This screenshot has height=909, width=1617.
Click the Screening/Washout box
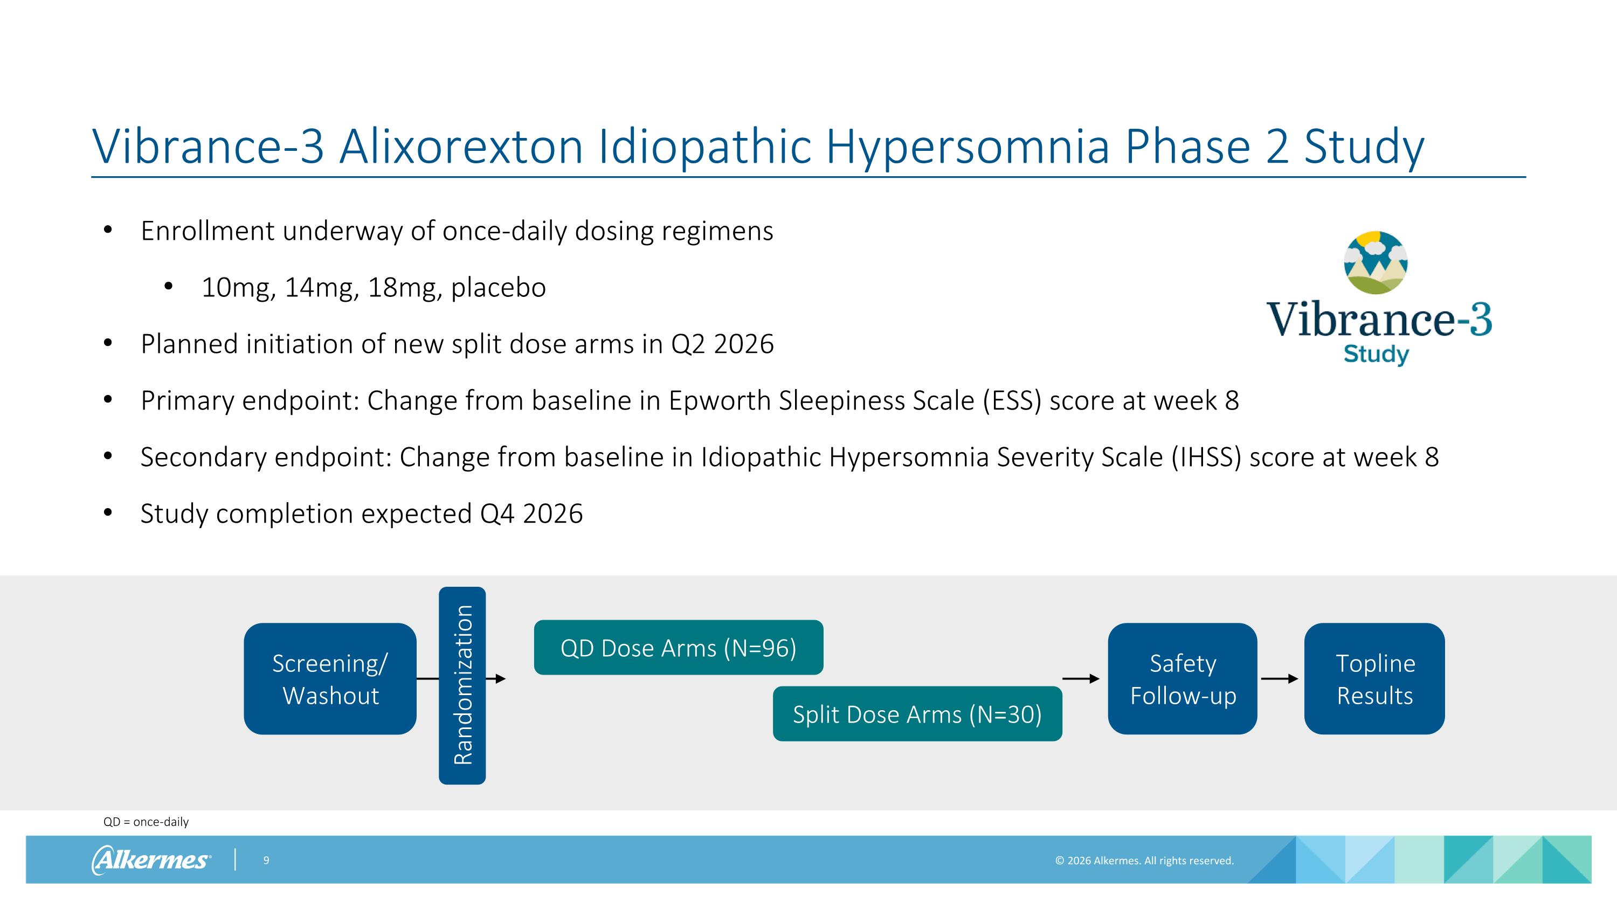[x=330, y=679]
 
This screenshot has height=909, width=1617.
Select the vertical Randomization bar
[x=462, y=686]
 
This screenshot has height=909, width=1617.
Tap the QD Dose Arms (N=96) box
[x=679, y=648]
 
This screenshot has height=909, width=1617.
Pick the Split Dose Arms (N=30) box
[x=917, y=714]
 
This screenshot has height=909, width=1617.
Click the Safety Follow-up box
[x=1183, y=679]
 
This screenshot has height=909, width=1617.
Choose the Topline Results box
[x=1374, y=679]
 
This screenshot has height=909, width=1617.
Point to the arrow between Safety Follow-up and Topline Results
[x=1279, y=679]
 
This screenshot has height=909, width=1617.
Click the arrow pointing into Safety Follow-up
[x=1081, y=679]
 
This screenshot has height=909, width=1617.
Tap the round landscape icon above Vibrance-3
[x=1376, y=262]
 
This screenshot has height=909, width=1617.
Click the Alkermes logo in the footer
[x=151, y=859]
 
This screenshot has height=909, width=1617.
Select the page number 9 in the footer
[x=266, y=860]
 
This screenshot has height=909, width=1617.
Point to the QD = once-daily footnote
[x=146, y=822]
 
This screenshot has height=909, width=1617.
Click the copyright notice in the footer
[x=1144, y=861]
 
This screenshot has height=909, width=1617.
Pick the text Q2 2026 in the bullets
[x=722, y=344]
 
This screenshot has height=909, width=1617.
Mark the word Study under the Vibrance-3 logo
[x=1376, y=355]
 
